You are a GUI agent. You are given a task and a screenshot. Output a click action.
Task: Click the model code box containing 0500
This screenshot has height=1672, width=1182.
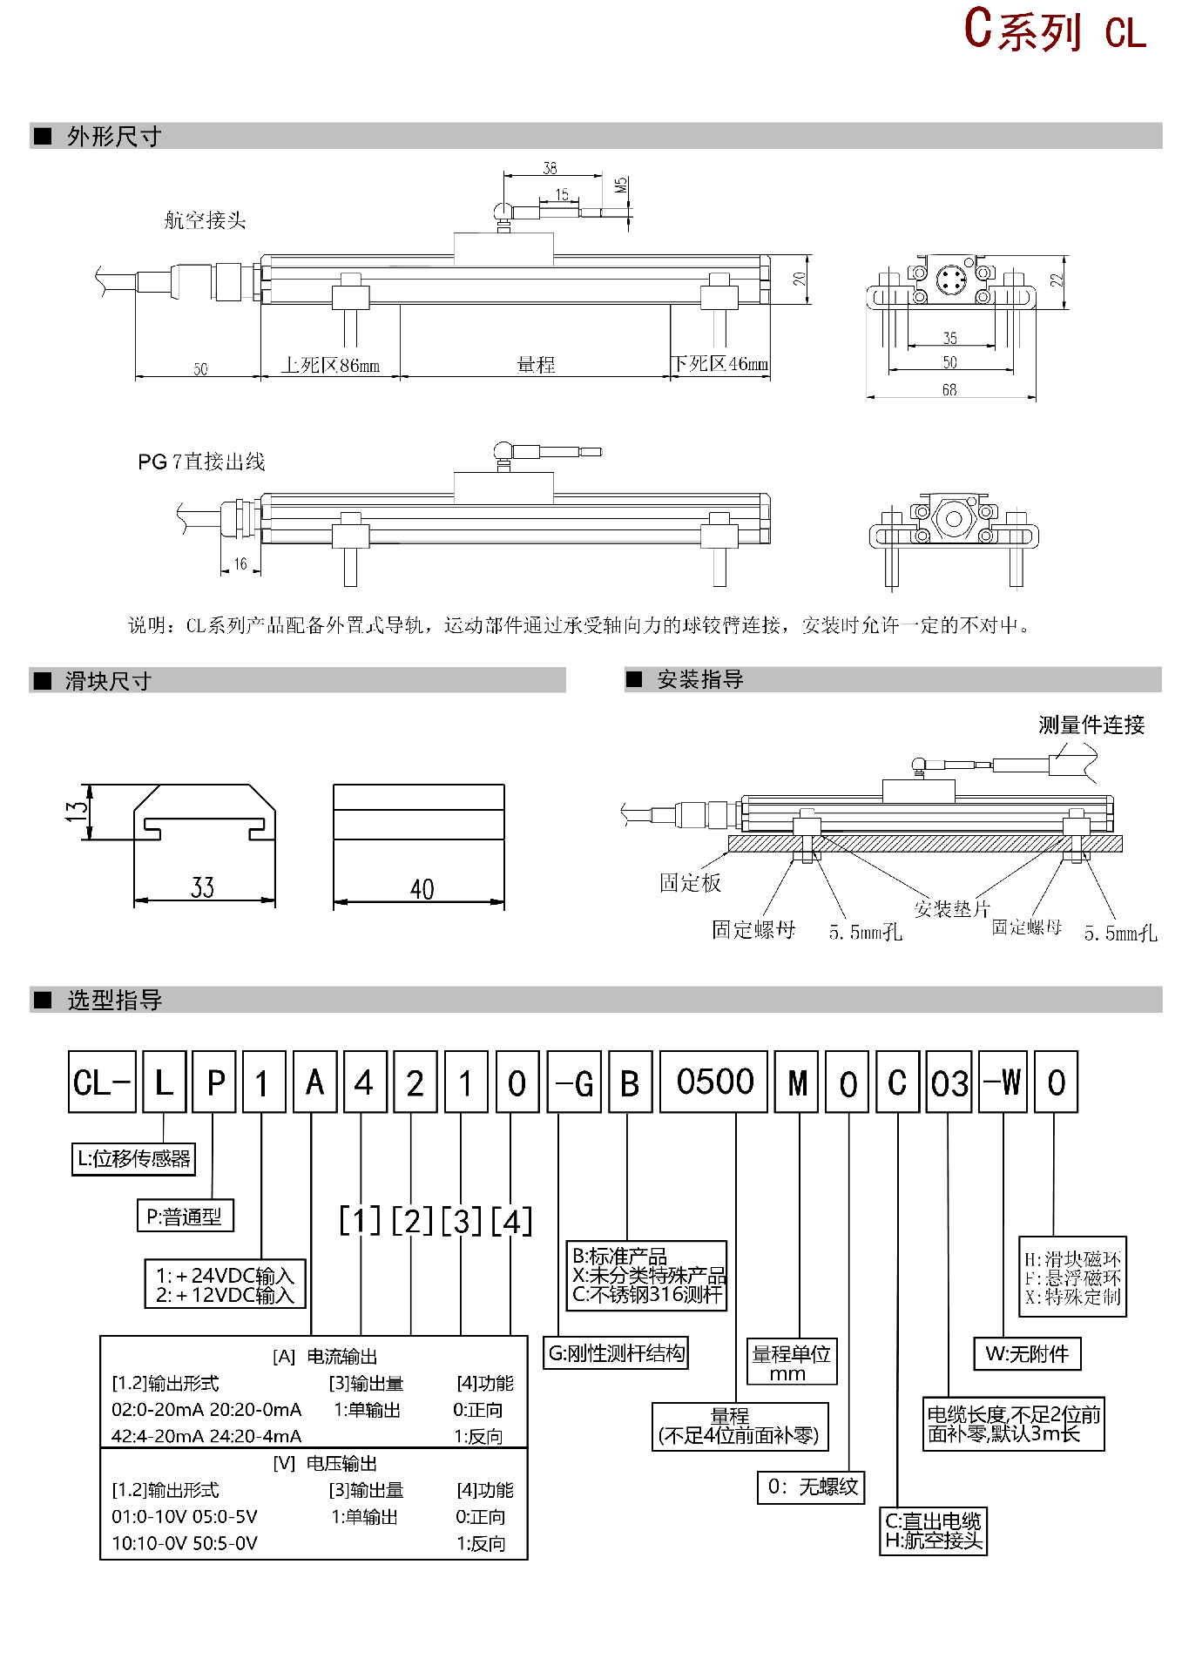click(714, 1082)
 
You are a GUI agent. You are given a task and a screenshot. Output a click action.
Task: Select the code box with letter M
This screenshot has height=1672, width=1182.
click(797, 1082)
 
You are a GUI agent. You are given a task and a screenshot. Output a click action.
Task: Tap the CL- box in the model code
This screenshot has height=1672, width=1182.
click(102, 1082)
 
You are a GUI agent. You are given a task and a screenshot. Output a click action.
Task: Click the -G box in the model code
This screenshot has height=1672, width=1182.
click(575, 1082)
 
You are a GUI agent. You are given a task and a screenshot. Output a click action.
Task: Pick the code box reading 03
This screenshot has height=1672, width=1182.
click(949, 1082)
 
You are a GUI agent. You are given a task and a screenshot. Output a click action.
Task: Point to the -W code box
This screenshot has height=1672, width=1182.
click(1003, 1082)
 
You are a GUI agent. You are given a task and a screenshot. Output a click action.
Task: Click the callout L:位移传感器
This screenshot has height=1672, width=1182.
click(133, 1159)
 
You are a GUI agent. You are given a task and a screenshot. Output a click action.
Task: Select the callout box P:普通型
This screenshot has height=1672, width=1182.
click(185, 1217)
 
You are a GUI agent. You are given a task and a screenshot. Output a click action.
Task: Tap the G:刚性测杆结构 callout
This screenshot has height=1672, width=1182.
click(616, 1353)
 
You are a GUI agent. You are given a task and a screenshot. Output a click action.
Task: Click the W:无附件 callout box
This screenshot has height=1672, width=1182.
click(1027, 1354)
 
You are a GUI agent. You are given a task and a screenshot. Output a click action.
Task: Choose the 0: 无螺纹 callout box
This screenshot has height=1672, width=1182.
click(812, 1487)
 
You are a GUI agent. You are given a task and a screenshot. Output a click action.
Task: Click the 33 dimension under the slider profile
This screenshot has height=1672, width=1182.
click(203, 887)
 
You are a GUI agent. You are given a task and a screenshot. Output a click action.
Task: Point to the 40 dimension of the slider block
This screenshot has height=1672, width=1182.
click(422, 888)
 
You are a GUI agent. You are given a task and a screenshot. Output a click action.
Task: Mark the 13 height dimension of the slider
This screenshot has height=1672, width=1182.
click(78, 812)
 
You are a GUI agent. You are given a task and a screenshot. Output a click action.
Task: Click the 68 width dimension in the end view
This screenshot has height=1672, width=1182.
click(949, 390)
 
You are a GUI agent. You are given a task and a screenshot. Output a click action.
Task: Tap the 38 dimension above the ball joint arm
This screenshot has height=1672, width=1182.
click(550, 168)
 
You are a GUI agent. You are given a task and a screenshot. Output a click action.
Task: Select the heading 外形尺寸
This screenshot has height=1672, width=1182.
click(114, 137)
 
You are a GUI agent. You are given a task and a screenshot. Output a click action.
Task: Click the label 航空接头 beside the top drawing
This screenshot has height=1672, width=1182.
click(206, 220)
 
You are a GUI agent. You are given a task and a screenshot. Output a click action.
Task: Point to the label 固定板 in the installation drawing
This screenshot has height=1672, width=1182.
click(690, 883)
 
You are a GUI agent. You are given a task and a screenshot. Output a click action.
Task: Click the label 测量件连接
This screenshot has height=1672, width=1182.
click(1091, 725)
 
